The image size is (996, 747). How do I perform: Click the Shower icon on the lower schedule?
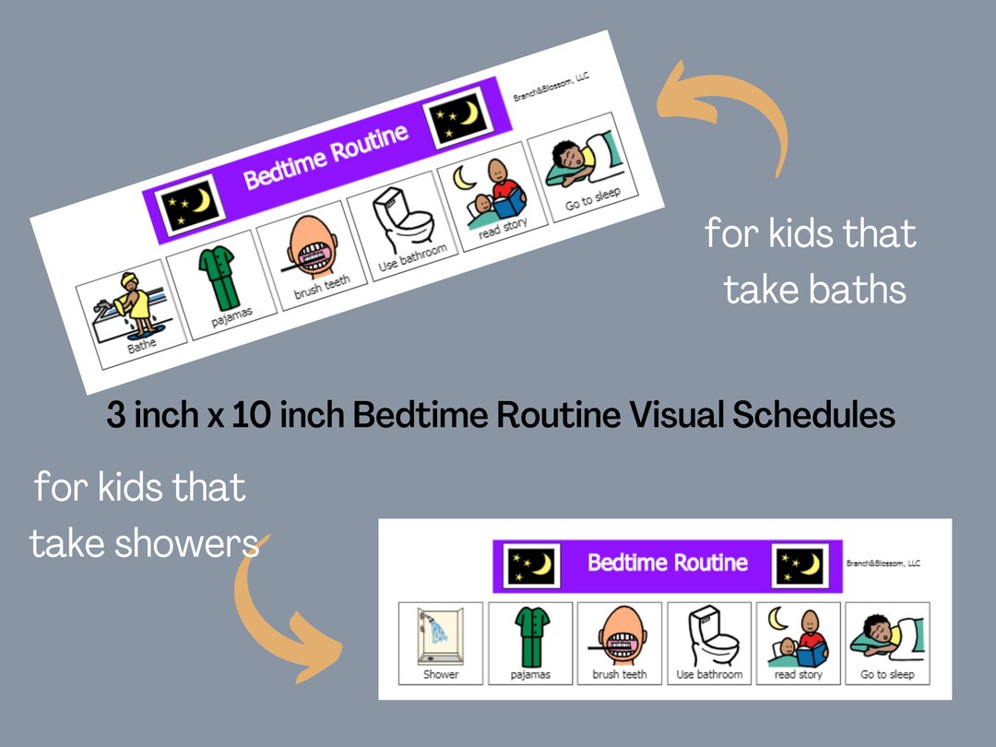(440, 635)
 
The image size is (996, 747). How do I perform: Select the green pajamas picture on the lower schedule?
(530, 635)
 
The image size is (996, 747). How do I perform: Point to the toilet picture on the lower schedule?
(709, 635)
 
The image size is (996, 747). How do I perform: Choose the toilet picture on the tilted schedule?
(403, 219)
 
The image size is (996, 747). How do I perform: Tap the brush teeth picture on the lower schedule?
(620, 635)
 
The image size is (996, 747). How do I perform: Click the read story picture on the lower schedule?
(798, 635)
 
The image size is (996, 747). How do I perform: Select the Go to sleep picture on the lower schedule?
(887, 635)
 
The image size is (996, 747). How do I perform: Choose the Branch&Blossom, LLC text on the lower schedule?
(883, 563)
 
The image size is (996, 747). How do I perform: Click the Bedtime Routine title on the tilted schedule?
(326, 157)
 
